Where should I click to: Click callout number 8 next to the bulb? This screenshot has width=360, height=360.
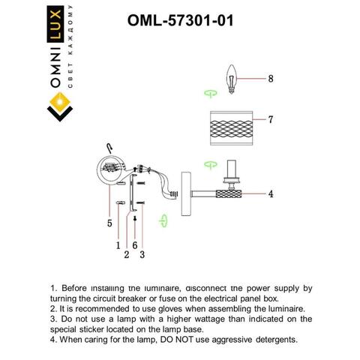coord(271,78)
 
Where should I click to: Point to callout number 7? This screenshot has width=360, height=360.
coord(271,119)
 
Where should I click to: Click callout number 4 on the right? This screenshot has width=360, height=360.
coord(271,193)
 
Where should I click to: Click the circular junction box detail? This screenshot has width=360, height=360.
coord(110,168)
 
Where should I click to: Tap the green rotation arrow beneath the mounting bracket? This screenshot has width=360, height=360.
coord(163,220)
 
